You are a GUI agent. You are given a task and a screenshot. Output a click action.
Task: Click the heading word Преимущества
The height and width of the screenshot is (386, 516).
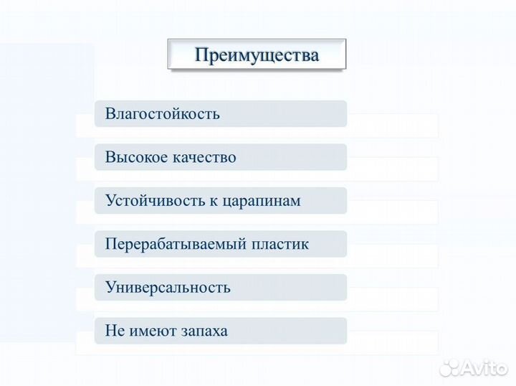pyautogui.click(x=257, y=55)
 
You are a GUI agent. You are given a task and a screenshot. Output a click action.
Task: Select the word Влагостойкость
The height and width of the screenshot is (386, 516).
pyautogui.click(x=162, y=114)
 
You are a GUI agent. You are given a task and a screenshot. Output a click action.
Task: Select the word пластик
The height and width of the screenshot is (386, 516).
pyautogui.click(x=280, y=244)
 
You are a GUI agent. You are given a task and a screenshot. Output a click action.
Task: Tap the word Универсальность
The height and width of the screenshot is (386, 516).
pyautogui.click(x=168, y=288)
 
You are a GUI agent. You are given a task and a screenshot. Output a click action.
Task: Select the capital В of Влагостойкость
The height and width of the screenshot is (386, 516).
pyautogui.click(x=110, y=114)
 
